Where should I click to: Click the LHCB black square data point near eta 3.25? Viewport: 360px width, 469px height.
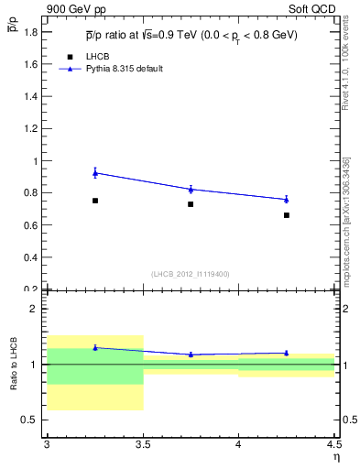click(x=95, y=201)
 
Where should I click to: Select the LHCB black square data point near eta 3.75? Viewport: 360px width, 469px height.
click(x=191, y=204)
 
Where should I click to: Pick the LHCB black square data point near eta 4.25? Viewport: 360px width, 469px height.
click(x=287, y=215)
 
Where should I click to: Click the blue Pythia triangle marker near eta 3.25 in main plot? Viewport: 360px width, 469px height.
click(x=95, y=172)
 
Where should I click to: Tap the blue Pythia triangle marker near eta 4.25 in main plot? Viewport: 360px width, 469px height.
click(x=287, y=199)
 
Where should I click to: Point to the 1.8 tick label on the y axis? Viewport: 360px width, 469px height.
click(x=31, y=32)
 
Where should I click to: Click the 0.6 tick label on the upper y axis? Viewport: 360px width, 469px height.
click(x=31, y=225)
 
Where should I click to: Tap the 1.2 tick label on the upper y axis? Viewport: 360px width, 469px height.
click(x=31, y=129)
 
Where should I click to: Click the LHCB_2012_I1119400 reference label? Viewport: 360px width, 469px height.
click(x=191, y=274)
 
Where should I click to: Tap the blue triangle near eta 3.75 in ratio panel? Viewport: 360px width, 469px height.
click(x=191, y=354)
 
